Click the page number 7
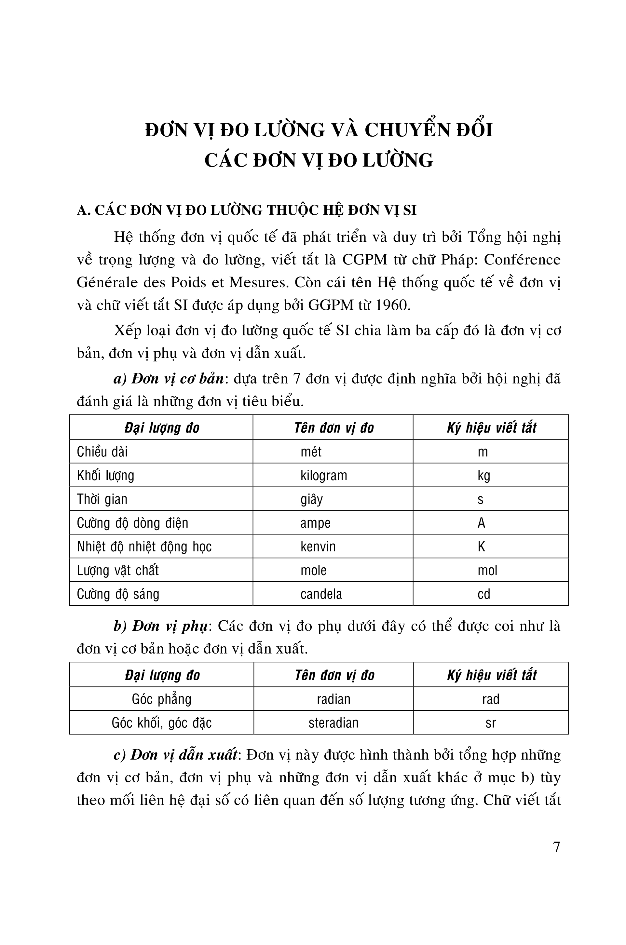[x=556, y=847]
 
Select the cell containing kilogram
[x=323, y=475]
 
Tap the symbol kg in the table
[x=483, y=475]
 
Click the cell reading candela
[x=321, y=594]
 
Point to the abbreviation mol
[x=487, y=570]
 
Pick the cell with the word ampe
[x=315, y=523]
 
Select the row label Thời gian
[x=102, y=499]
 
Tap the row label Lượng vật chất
[x=118, y=570]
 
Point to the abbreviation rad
[x=491, y=699]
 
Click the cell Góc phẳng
[x=161, y=699]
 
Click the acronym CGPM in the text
[x=364, y=260]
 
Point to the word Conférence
[x=522, y=260]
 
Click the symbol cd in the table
[x=483, y=594]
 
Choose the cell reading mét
[x=311, y=452]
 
